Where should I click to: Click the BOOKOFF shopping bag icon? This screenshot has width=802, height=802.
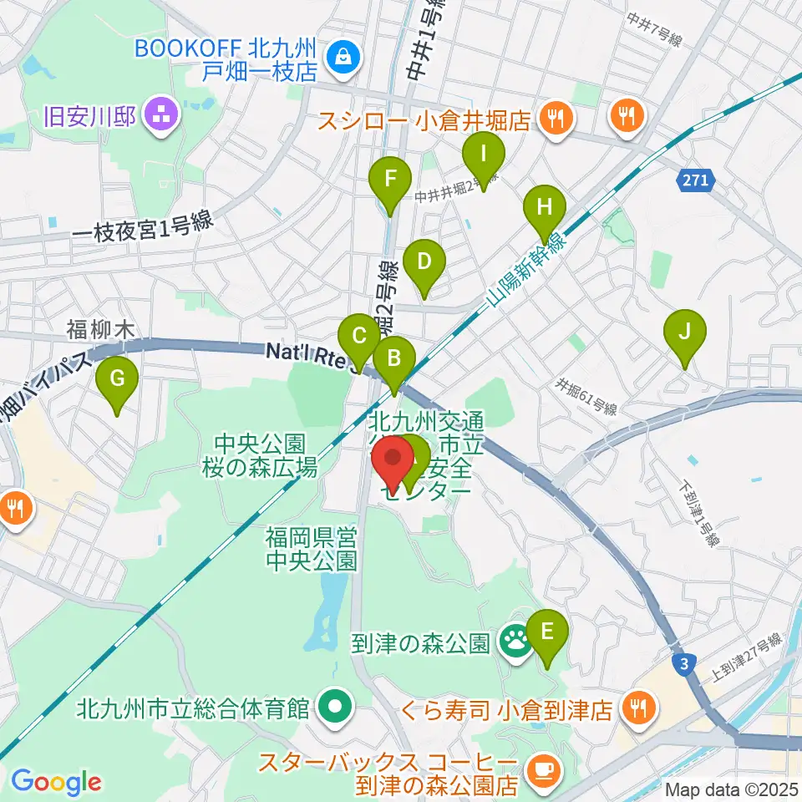tap(343, 57)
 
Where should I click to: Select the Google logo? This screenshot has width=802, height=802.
tap(56, 782)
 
